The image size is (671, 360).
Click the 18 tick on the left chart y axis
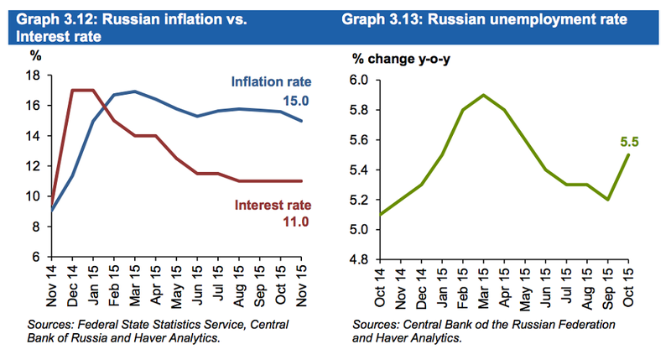[x=36, y=76]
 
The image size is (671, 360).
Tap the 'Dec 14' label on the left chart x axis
[x=74, y=284]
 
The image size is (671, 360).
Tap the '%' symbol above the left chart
[x=35, y=57]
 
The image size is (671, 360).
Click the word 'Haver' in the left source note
[x=159, y=337]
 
